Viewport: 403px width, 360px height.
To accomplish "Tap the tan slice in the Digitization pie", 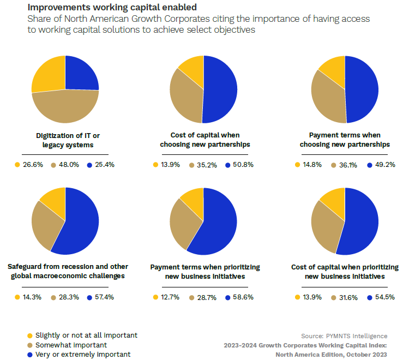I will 65,107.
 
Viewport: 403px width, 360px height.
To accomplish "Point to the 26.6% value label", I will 33,164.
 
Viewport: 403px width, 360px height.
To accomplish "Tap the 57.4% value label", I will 103,297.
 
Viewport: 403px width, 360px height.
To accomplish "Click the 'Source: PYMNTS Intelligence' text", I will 344,335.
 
